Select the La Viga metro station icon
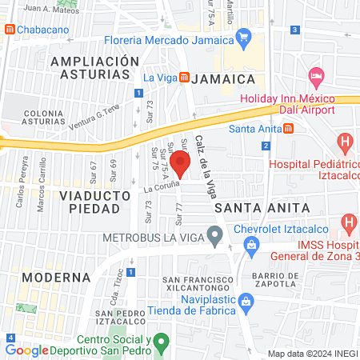pyautogui.click(x=184, y=78)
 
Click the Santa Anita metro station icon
pyautogui.click(x=288, y=128)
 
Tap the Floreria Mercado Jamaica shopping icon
pyautogui.click(x=244, y=36)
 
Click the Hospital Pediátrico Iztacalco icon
pyautogui.click(x=346, y=145)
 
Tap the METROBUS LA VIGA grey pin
pyautogui.click(x=214, y=235)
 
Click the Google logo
pyautogui.click(x=27, y=350)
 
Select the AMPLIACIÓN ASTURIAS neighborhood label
pyautogui.click(x=89, y=66)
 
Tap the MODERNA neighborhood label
pyautogui.click(x=56, y=277)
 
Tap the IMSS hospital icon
pyautogui.click(x=349, y=222)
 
